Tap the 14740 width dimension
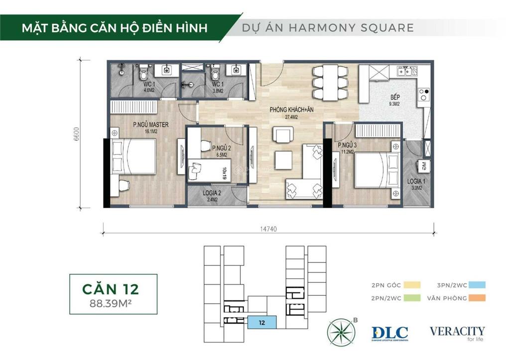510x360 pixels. (x=268, y=230)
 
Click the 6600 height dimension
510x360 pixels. (x=77, y=133)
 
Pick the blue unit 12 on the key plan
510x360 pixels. (x=261, y=323)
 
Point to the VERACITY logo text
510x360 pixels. (x=457, y=331)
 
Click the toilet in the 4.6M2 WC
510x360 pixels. (x=143, y=73)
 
